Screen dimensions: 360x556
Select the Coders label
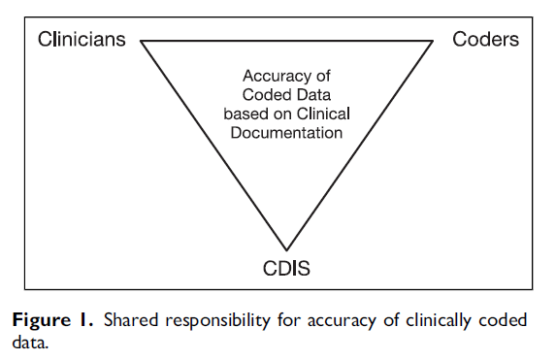[x=485, y=40]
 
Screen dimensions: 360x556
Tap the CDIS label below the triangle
[x=286, y=268]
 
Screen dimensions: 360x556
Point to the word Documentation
[x=288, y=132]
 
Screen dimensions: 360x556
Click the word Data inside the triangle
[x=315, y=94]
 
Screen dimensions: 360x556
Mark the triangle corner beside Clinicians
[x=142, y=41]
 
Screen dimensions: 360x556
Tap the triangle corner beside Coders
[x=433, y=41]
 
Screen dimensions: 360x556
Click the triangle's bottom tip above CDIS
[x=287, y=249]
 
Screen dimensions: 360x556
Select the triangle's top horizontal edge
[x=287, y=41]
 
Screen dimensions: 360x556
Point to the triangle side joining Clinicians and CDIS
[x=214, y=146]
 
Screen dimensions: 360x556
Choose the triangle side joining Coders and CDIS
[x=360, y=146]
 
